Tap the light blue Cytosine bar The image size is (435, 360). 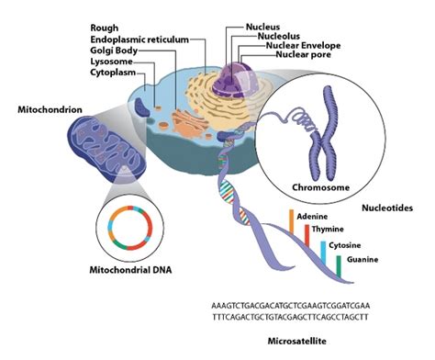coord(323,252)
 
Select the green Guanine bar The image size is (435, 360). coord(339,265)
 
